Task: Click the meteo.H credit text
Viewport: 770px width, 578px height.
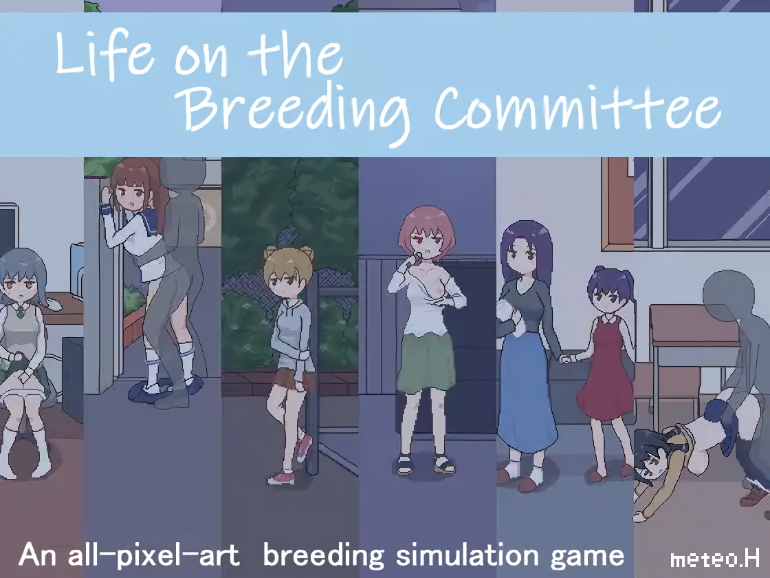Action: click(x=715, y=559)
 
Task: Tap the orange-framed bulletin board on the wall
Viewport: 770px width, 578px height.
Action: click(x=618, y=202)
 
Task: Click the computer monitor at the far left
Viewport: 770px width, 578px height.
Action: click(x=9, y=228)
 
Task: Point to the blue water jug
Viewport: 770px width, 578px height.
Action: click(x=76, y=268)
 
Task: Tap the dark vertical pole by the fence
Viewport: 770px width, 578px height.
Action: click(x=312, y=374)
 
